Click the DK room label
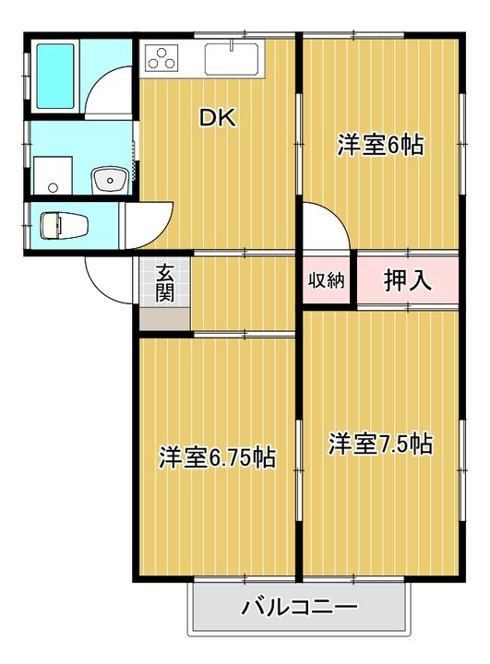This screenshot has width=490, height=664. (218, 118)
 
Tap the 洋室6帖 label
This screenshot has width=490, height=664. (380, 145)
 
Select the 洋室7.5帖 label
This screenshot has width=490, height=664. (380, 444)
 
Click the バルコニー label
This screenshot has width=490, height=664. (299, 608)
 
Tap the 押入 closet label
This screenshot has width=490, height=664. (407, 279)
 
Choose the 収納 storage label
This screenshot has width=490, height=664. (326, 280)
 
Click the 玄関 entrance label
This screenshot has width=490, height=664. (164, 283)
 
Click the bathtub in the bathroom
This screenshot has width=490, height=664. (55, 77)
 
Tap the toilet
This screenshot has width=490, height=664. (64, 225)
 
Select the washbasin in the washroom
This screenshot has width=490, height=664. (111, 180)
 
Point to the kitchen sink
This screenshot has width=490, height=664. (232, 59)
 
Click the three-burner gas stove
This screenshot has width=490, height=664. (161, 59)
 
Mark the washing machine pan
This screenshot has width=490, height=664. (53, 175)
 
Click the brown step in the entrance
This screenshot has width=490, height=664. (164, 318)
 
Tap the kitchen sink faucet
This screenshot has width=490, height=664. (232, 45)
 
